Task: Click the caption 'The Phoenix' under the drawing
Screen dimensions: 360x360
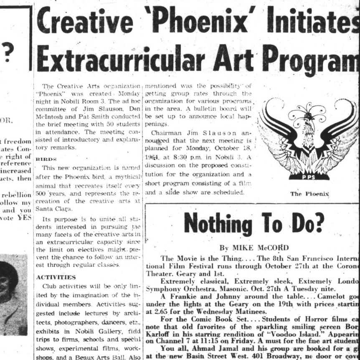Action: [310, 194]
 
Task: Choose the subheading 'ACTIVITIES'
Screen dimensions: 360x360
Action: [56, 277]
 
